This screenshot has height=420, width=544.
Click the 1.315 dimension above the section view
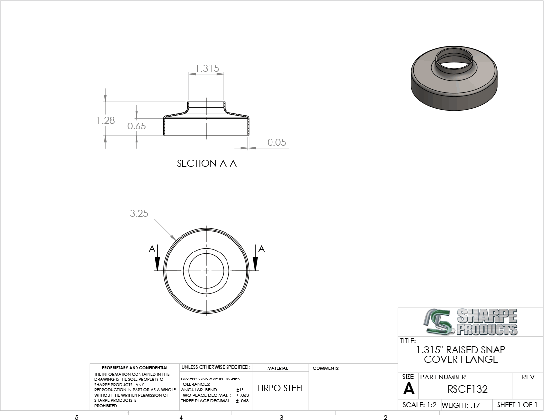pos(207,68)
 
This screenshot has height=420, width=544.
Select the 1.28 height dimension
pos(106,120)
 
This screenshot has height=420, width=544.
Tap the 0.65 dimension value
pos(136,126)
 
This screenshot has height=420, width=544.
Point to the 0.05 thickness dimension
pos(276,142)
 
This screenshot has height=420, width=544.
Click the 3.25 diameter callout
pos(139,213)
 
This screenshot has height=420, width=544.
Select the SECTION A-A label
pos(207,163)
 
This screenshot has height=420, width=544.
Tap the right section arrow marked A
pos(256,258)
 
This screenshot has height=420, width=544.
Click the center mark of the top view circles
pos(206,271)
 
